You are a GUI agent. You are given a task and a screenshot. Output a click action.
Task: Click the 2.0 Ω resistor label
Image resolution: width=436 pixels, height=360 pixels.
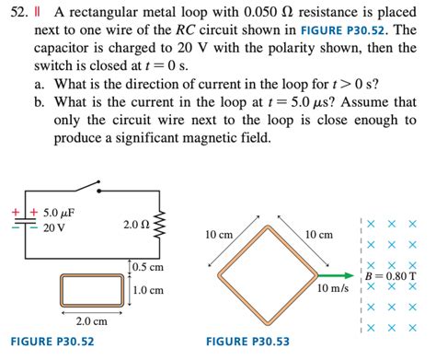[x=135, y=225]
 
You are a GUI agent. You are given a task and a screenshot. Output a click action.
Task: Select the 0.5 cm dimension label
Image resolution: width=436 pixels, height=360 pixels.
[x=148, y=267]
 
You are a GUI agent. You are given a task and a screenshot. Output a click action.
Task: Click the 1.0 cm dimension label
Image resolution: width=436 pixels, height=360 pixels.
[x=148, y=290]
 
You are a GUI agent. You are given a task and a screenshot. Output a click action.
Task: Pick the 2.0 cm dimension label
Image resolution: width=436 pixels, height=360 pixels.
[x=91, y=320]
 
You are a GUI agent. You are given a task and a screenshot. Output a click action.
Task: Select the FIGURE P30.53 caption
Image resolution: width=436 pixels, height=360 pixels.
[x=248, y=342]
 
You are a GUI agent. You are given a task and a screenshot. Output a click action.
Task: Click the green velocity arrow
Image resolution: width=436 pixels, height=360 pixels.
[x=338, y=273]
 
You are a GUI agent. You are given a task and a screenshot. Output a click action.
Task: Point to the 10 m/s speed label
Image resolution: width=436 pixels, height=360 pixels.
[x=333, y=288]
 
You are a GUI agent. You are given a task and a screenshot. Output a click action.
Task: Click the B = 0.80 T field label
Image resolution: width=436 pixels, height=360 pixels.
[x=390, y=275]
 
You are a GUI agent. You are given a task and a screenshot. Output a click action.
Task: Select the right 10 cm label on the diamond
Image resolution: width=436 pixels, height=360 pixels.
[x=319, y=236]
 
